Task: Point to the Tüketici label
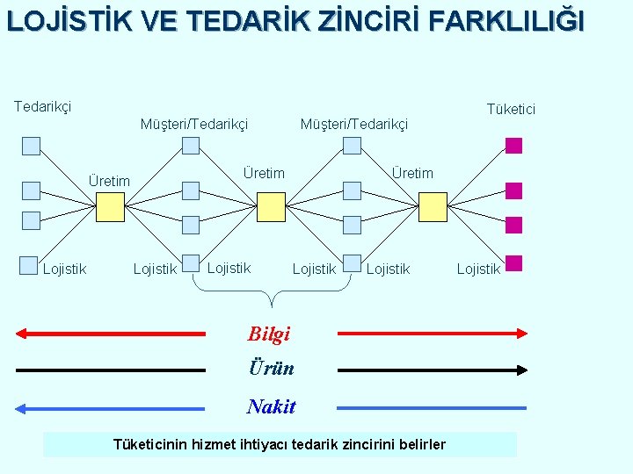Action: (511, 109)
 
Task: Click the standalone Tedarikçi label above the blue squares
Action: (42, 106)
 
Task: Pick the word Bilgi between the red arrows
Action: (269, 334)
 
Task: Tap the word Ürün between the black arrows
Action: (271, 369)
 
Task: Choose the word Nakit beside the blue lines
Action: (272, 406)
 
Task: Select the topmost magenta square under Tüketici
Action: (514, 146)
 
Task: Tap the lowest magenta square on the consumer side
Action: (514, 262)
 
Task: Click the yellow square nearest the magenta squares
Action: (433, 206)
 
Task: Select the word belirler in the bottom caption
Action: (421, 445)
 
